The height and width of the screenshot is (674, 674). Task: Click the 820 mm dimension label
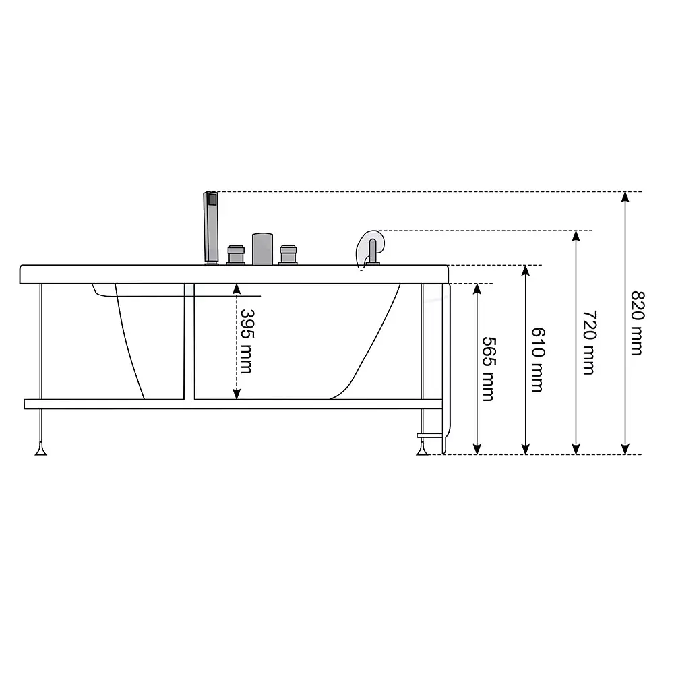(x=638, y=324)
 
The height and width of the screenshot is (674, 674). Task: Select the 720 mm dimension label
(x=589, y=342)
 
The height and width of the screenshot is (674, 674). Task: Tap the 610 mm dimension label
(x=538, y=360)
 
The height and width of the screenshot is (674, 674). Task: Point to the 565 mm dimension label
(x=489, y=369)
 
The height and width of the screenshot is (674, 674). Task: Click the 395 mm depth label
(x=247, y=341)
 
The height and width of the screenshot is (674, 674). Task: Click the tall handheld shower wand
(x=210, y=227)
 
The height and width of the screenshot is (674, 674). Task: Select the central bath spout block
(x=262, y=249)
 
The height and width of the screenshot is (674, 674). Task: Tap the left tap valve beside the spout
(x=236, y=255)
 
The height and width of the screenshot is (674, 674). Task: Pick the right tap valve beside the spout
(x=288, y=255)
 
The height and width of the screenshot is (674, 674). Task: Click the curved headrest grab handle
(x=369, y=249)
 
